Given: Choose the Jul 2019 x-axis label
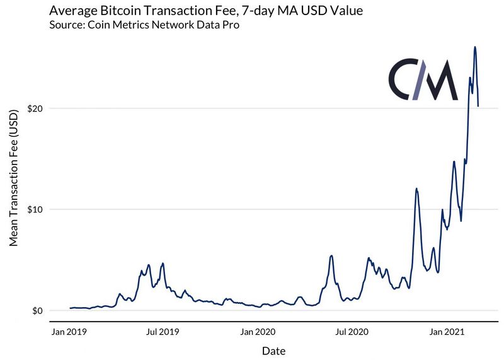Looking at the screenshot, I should tap(163, 331).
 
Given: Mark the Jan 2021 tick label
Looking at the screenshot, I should tap(444, 331).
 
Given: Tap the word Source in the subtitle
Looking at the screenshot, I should tap(65, 26).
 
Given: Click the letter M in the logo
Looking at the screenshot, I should tap(441, 81).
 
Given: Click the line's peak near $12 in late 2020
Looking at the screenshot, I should tap(416, 189).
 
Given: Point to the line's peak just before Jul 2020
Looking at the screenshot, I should tap(331, 255).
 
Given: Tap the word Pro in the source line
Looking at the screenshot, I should tap(231, 26).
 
